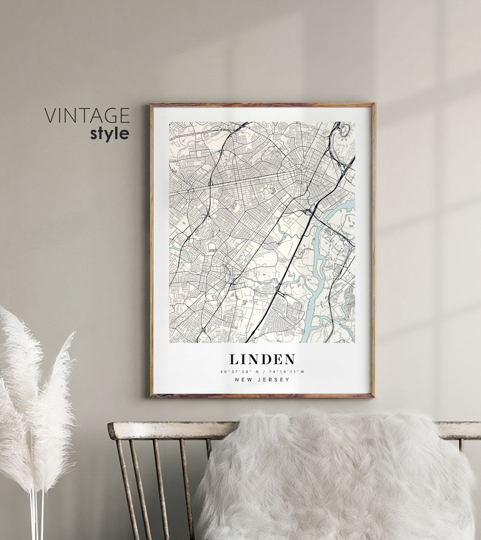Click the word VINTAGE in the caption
tap(87, 115)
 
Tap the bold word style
tap(110, 133)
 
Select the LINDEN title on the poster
tap(262, 359)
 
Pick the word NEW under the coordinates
tap(244, 380)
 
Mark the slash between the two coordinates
tap(262, 372)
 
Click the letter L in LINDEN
tap(234, 359)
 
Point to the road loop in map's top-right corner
tap(344, 130)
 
